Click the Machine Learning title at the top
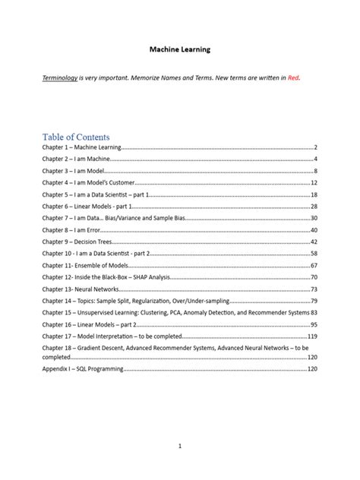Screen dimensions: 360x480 (179, 49)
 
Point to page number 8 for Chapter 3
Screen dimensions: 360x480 (314, 171)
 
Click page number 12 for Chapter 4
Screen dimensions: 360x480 (313, 183)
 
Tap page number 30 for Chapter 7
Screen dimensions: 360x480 (313, 218)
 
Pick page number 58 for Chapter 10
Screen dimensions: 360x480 (313, 253)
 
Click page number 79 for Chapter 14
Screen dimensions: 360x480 (313, 301)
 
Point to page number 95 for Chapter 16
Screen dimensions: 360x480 (313, 324)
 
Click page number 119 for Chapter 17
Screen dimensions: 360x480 (311, 336)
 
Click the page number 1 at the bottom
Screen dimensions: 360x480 (179, 447)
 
